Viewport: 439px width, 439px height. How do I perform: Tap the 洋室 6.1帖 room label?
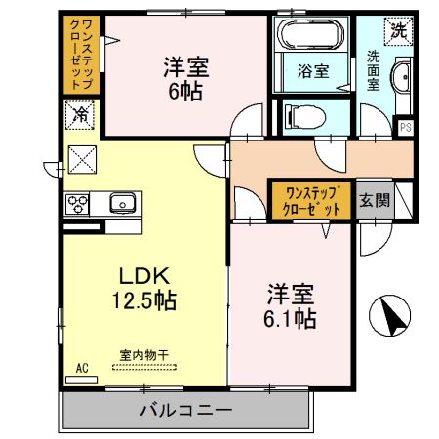pyautogui.click(x=291, y=305)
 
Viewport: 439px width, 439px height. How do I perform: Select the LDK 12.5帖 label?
pyautogui.click(x=147, y=288)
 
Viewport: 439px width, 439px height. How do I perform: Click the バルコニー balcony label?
pyautogui.click(x=185, y=410)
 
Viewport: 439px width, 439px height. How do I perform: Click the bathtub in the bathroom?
pyautogui.click(x=312, y=36)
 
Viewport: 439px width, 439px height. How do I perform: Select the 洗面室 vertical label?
pyautogui.click(x=374, y=70)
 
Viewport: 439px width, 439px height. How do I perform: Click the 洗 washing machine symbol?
pyautogui.click(x=397, y=29)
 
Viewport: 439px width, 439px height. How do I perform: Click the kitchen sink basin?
pyautogui.click(x=122, y=203)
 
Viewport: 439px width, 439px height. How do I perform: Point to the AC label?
pyautogui.click(x=82, y=367)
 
